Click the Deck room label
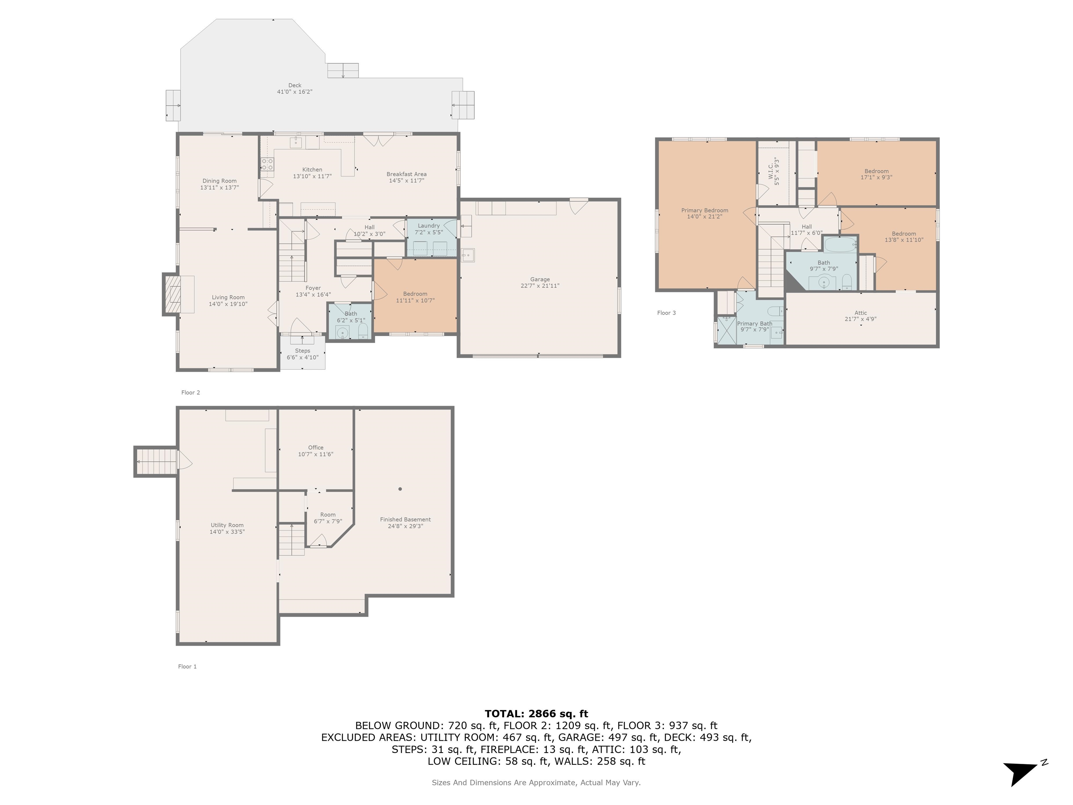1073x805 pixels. [294, 85]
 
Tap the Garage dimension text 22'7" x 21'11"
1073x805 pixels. [540, 286]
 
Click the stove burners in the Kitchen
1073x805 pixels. [267, 165]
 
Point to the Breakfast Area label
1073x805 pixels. [407, 174]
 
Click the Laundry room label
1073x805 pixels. [429, 226]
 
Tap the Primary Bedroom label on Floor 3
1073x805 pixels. [705, 211]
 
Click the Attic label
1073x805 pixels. [861, 313]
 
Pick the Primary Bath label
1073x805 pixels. [754, 324]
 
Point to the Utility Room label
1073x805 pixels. [227, 525]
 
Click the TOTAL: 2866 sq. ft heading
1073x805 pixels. [536, 714]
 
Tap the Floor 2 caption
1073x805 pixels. [191, 393]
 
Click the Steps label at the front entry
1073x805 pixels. [303, 351]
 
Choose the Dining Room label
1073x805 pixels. [219, 181]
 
